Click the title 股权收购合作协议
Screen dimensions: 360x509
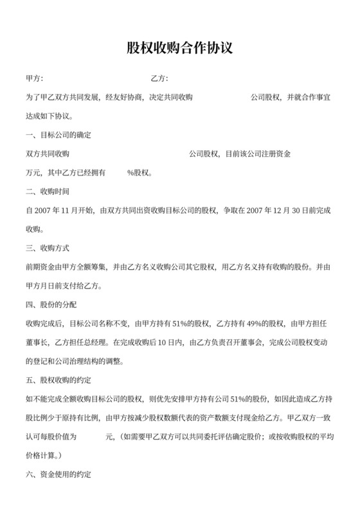(x=179, y=49)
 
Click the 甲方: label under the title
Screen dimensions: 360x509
(x=34, y=78)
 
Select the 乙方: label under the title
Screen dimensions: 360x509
(x=159, y=78)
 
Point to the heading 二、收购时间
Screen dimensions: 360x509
(x=47, y=192)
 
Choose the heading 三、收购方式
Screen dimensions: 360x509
(x=47, y=247)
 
